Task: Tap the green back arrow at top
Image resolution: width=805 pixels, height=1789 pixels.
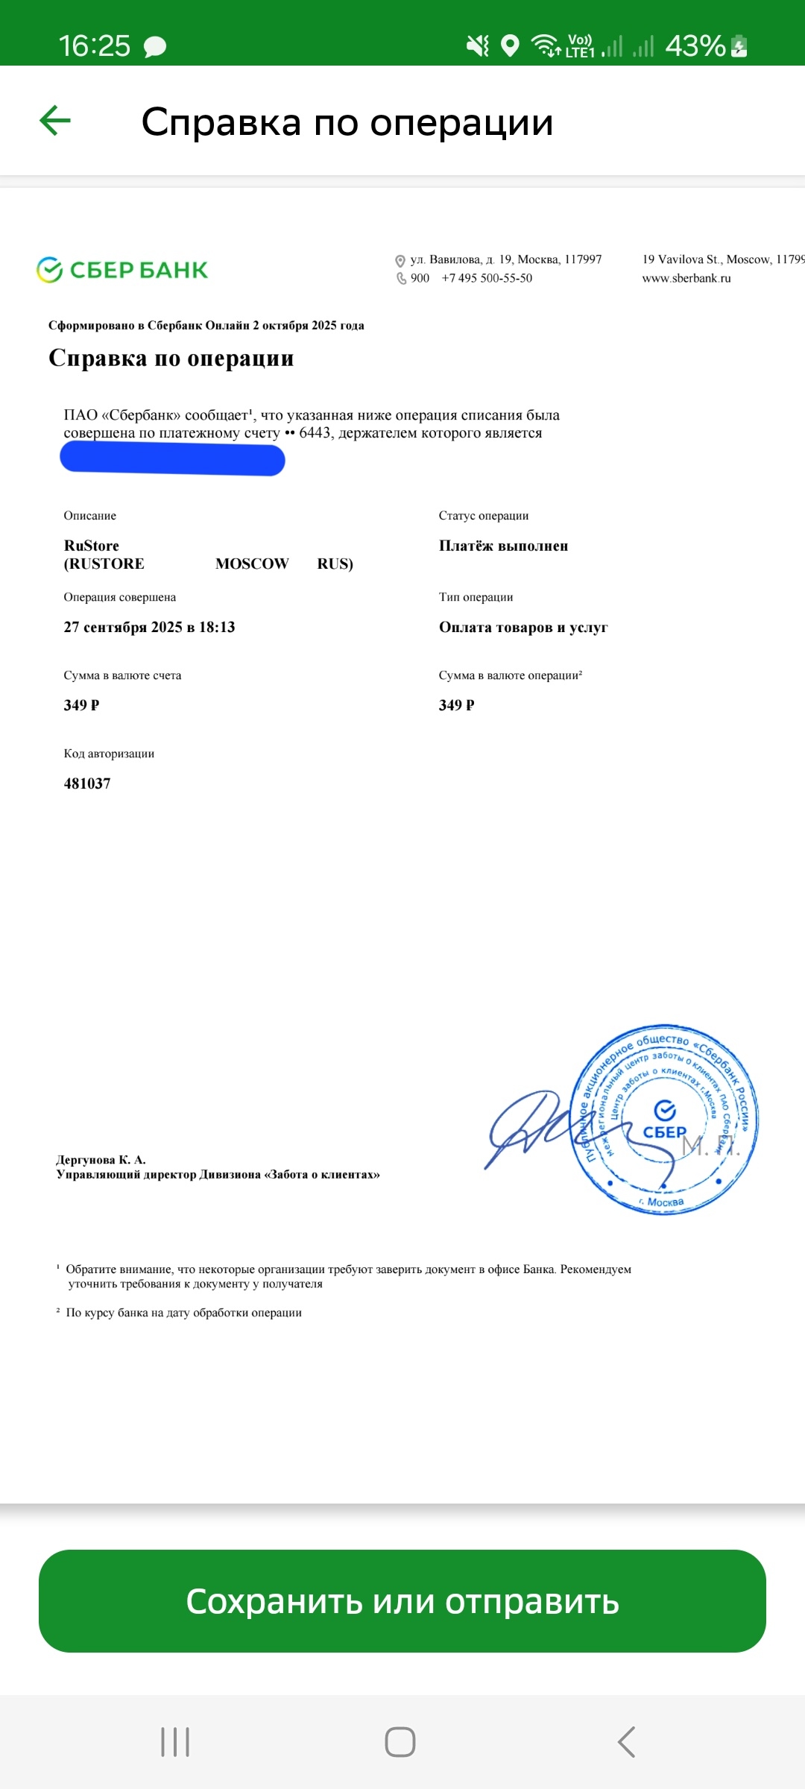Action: pyautogui.click(x=55, y=121)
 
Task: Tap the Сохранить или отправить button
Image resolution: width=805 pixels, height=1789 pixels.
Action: pyautogui.click(x=402, y=1601)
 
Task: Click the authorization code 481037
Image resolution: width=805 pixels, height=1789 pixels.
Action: pyautogui.click(x=87, y=783)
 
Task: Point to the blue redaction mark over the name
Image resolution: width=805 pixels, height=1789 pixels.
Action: pyautogui.click(x=172, y=458)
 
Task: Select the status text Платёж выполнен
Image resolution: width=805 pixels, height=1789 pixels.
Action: pyautogui.click(x=503, y=546)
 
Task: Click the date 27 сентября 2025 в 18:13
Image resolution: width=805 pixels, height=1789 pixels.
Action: pyautogui.click(x=149, y=628)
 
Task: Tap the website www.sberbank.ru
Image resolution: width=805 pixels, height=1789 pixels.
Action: pyautogui.click(x=686, y=278)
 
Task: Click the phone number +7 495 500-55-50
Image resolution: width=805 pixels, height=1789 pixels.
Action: pyautogui.click(x=487, y=278)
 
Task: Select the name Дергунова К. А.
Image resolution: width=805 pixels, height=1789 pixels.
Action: pyautogui.click(x=101, y=1160)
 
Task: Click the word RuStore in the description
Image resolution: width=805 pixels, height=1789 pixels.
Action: pyautogui.click(x=92, y=546)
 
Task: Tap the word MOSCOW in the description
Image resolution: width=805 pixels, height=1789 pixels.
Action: pyautogui.click(x=252, y=564)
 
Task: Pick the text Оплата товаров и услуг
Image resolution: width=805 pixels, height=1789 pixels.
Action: pyautogui.click(x=523, y=628)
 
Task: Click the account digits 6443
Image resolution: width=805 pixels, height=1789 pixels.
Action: pyautogui.click(x=315, y=433)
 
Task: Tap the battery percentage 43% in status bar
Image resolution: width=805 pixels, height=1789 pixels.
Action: pyautogui.click(x=695, y=46)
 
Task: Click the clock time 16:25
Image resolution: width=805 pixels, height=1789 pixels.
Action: pyautogui.click(x=95, y=46)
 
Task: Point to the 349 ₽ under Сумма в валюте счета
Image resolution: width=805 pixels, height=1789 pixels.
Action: pyautogui.click(x=81, y=705)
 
